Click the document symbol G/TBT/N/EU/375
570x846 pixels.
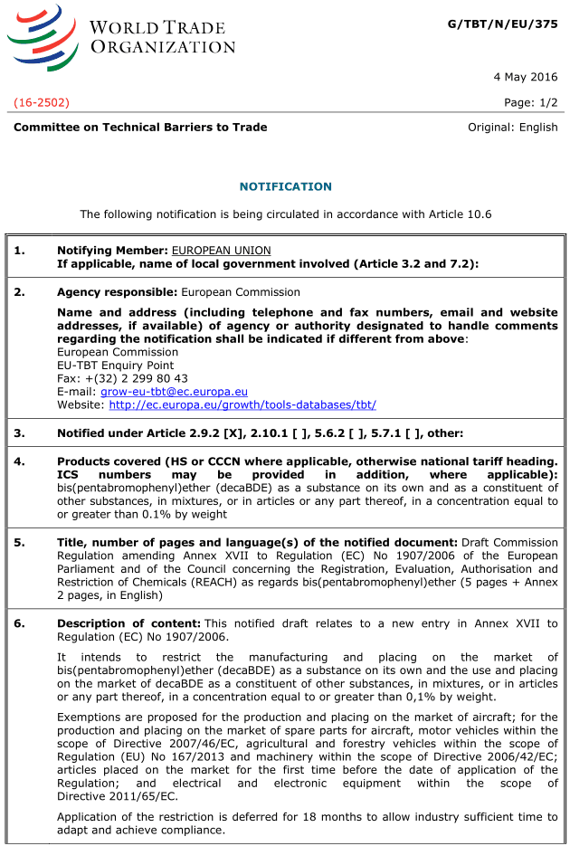pos(502,24)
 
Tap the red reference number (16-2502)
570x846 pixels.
pos(42,102)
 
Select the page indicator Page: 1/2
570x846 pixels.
pos(531,102)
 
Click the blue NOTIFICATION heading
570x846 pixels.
pos(285,186)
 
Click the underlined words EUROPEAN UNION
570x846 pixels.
pos(221,250)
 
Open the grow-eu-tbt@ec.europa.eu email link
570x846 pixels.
pos(174,392)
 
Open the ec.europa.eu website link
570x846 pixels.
pos(242,405)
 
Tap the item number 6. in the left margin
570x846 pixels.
pos(20,623)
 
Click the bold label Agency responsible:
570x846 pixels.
pos(117,292)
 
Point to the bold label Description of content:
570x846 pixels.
pos(128,623)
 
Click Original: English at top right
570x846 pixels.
pos(512,128)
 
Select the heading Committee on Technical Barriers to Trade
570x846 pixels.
pos(140,128)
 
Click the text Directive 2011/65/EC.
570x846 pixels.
pos(117,796)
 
